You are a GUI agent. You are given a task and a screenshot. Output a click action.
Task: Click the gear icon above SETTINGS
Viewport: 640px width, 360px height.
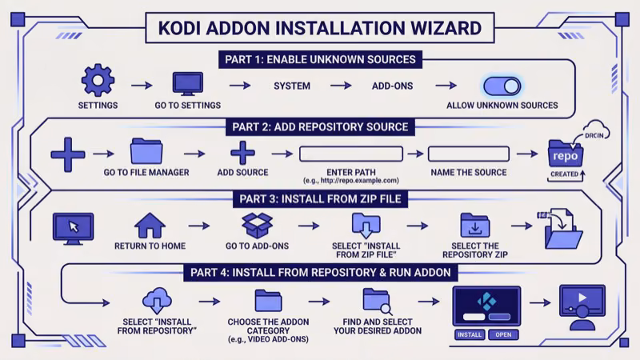click(98, 81)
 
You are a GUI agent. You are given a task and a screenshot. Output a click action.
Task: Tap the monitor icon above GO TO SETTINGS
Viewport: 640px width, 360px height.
click(188, 82)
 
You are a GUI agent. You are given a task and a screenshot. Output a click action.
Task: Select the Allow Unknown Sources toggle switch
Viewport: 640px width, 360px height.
click(502, 86)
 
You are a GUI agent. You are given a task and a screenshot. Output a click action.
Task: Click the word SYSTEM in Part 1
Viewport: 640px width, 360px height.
click(292, 86)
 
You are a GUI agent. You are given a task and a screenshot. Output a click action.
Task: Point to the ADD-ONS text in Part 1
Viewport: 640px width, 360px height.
click(392, 86)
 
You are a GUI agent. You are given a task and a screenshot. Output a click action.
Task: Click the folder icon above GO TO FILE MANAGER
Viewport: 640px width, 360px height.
click(146, 151)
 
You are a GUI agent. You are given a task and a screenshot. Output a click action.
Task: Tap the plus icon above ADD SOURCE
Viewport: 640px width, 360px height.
click(242, 153)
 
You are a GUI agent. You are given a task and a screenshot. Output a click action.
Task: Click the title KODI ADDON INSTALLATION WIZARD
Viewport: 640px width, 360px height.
click(314, 29)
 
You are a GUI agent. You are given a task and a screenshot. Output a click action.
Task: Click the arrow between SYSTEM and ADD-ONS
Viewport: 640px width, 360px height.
click(341, 86)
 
